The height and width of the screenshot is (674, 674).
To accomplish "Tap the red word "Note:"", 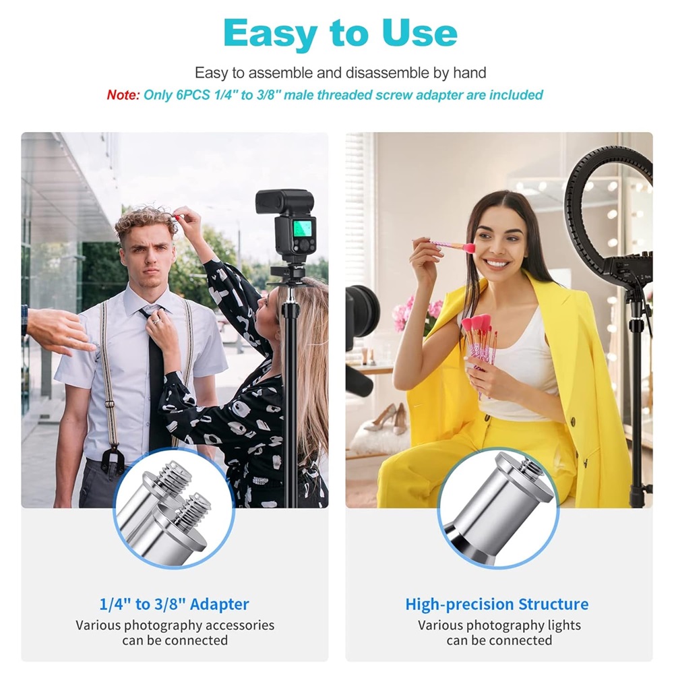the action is pyautogui.click(x=123, y=94).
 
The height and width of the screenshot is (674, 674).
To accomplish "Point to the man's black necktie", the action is pyautogui.click(x=155, y=378).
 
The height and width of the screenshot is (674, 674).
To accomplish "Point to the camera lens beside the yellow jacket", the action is pyautogui.click(x=361, y=310).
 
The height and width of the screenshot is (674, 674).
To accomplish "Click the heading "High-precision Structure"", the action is pyautogui.click(x=497, y=605).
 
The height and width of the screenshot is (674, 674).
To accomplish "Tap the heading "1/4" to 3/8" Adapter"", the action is pyautogui.click(x=174, y=605).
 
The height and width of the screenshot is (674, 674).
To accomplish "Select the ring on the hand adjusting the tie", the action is pyautogui.click(x=156, y=320).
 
